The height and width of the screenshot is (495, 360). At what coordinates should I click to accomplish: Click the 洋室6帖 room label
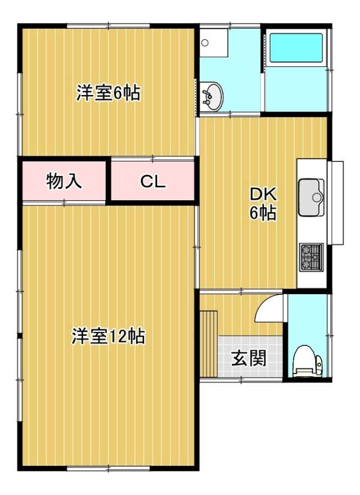[x=109, y=93]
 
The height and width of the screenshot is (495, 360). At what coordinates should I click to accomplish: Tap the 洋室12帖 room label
[x=109, y=336]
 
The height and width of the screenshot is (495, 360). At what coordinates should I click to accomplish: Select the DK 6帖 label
[x=263, y=204]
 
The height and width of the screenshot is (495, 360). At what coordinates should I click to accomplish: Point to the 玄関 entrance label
[x=249, y=358]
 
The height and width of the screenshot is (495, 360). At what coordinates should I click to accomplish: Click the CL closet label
[x=153, y=182]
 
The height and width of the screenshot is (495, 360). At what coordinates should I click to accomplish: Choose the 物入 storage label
[x=64, y=181]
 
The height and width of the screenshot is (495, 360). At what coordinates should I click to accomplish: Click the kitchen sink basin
[x=312, y=197]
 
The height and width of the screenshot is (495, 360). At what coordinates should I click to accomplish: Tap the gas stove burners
[x=312, y=257]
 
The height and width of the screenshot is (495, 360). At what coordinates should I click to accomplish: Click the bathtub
[x=296, y=48]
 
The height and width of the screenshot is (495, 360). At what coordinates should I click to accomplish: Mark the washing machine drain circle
[x=205, y=43]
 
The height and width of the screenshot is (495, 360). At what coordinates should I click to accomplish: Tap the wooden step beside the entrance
[x=209, y=344]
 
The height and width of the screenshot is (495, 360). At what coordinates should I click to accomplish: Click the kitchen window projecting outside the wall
[x=335, y=202]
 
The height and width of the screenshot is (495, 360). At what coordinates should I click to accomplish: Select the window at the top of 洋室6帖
[x=109, y=26]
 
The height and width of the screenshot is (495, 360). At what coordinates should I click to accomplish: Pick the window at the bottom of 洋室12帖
[x=109, y=469]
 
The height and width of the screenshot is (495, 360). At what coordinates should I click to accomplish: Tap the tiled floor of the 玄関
[x=250, y=357]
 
